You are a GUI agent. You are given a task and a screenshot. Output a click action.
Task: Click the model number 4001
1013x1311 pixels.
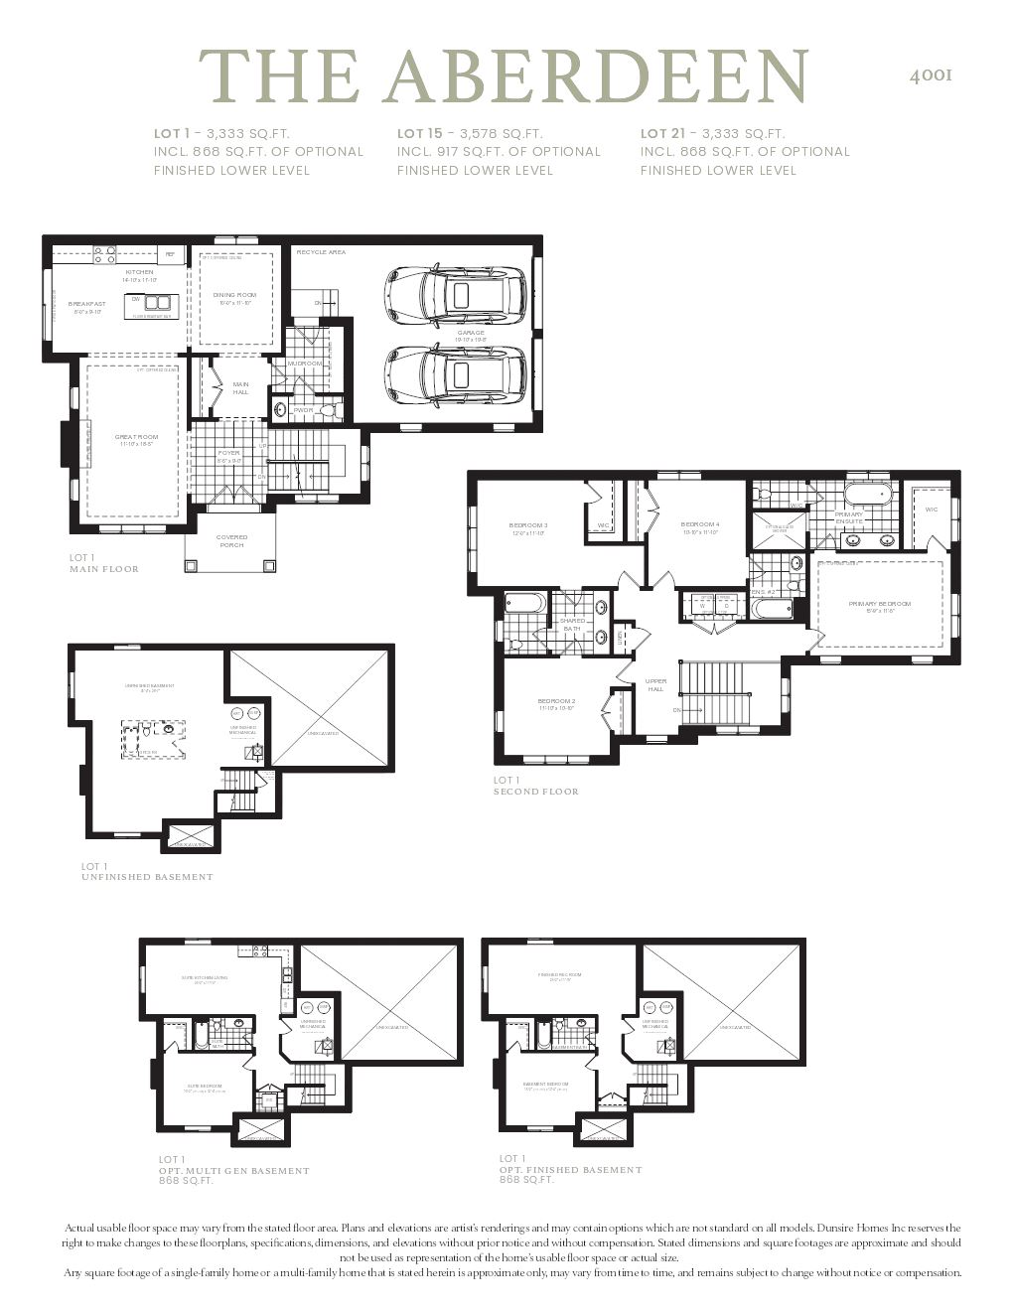click(x=931, y=75)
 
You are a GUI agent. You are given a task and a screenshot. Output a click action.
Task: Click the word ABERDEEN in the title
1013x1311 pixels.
click(x=597, y=75)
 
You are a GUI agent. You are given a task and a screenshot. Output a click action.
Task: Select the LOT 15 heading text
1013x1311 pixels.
click(x=420, y=133)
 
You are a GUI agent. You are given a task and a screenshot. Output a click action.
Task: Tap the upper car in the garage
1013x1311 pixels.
click(x=456, y=295)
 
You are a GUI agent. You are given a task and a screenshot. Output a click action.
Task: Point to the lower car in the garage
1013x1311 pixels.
click(x=456, y=375)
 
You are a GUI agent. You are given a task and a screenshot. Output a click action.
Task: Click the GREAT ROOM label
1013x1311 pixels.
click(x=136, y=437)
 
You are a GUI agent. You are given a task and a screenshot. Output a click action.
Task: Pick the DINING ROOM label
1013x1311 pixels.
click(x=234, y=295)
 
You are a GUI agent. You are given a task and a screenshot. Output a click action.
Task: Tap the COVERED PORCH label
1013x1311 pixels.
click(x=231, y=541)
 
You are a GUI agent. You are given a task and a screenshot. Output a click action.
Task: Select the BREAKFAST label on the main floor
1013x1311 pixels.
click(x=86, y=304)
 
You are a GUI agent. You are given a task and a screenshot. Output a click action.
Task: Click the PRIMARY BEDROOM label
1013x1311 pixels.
click(x=879, y=604)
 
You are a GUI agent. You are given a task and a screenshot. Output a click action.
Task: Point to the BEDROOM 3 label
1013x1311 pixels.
click(x=528, y=525)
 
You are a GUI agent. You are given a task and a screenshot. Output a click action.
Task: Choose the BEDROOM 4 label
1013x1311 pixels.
click(x=700, y=524)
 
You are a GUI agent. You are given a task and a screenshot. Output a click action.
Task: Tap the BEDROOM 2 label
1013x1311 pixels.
click(x=557, y=701)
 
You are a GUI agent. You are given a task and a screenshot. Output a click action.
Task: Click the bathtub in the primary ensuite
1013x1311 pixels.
click(x=870, y=495)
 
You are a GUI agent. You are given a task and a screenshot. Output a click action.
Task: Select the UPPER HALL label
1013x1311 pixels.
click(x=655, y=685)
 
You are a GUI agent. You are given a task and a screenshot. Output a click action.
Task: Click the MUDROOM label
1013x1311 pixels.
click(x=305, y=364)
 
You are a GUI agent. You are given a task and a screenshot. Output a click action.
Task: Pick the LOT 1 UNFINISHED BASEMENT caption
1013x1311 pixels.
click(x=146, y=872)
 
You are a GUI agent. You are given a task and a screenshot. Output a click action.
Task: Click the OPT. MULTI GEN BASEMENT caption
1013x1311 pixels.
click(x=234, y=1170)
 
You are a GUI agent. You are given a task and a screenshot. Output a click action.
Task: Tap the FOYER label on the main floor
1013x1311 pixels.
click(x=228, y=453)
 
